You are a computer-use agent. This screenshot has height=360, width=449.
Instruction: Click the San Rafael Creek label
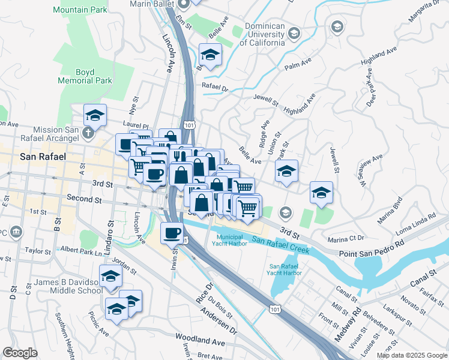pyautogui.click(x=281, y=244)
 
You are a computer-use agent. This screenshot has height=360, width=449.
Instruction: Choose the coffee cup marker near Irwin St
pyautogui.click(x=172, y=232)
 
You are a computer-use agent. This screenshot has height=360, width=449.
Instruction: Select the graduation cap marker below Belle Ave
pyautogui.click(x=287, y=171)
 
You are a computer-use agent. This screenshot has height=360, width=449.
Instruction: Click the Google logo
pyautogui.click(x=20, y=353)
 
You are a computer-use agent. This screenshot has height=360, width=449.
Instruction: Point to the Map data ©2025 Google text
pyautogui.click(x=412, y=355)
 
